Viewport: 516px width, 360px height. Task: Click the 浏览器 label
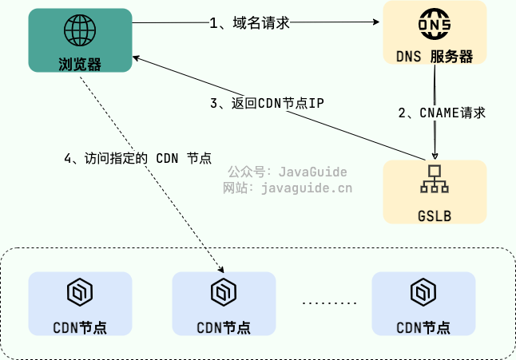tap(80, 63)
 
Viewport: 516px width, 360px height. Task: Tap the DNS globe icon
tap(435, 26)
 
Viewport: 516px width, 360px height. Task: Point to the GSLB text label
tap(435, 215)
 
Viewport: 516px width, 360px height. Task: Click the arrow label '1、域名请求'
tap(248, 23)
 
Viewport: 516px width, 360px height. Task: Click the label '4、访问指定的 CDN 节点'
tap(137, 157)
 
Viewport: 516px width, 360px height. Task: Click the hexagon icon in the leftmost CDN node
tap(80, 292)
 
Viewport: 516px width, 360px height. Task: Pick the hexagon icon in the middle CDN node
tap(224, 292)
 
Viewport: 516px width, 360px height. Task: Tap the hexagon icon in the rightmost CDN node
tap(423, 292)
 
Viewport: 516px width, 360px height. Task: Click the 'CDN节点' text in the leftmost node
tap(80, 327)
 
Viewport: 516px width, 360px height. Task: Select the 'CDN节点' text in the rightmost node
tap(423, 327)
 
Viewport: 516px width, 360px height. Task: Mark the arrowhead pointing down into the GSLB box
tap(435, 156)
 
